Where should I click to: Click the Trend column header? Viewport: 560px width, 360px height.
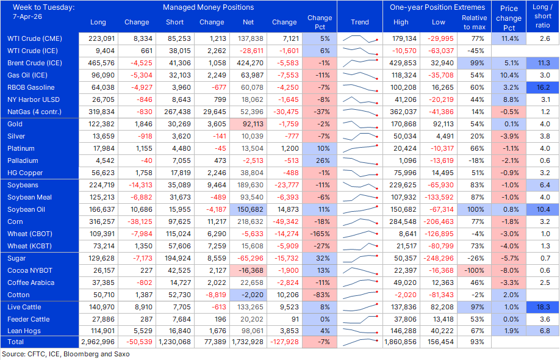[x=360, y=22]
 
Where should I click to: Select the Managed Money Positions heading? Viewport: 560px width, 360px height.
[x=208, y=7]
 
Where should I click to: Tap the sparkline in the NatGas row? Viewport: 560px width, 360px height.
[x=360, y=112]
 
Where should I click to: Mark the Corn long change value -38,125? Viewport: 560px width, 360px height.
[x=137, y=221]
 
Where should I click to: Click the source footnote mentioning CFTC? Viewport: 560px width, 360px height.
[x=66, y=354]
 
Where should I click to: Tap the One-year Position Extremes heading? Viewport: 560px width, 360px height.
[x=439, y=7]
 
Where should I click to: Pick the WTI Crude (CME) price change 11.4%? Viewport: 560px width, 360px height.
[x=509, y=38]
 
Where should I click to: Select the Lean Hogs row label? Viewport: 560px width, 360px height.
[x=25, y=331]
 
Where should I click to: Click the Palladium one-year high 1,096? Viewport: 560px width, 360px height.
[x=401, y=160]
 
